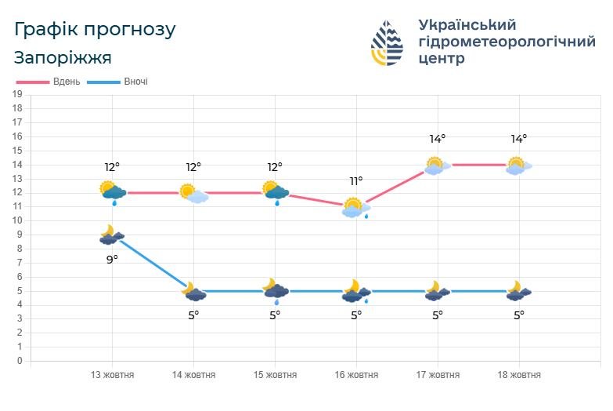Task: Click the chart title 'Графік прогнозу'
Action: coord(96,31)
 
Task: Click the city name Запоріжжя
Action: coord(63,58)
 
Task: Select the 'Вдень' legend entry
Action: coord(66,82)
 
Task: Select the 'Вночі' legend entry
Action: coord(135,82)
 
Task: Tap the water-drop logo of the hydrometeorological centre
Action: coord(387,42)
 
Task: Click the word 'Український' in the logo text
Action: coord(467,24)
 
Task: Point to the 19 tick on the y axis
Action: coord(17,95)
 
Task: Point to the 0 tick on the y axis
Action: coord(17,362)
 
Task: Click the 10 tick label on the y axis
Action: coord(17,221)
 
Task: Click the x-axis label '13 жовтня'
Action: coord(112,375)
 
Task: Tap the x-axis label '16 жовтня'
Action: coord(356,375)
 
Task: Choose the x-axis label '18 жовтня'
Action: coord(519,375)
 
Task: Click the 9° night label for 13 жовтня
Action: coord(112,259)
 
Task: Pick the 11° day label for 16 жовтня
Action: coord(356,181)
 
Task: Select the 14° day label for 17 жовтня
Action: coord(438,139)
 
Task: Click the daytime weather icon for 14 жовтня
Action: coord(193,193)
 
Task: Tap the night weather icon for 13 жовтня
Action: coord(112,235)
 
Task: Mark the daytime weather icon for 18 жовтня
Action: coord(518,165)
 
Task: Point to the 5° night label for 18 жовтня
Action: coord(519,315)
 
